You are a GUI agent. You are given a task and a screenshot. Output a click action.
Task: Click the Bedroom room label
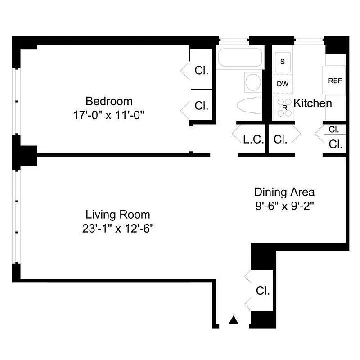(109, 101)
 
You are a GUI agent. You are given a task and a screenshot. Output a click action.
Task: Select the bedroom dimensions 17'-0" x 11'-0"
(109, 115)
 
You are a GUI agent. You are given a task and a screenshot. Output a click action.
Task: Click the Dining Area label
(284, 192)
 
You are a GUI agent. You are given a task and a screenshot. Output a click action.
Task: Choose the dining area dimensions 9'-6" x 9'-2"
(284, 207)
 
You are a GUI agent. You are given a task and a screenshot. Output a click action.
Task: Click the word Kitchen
(313, 103)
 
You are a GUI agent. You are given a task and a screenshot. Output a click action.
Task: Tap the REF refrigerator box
(335, 81)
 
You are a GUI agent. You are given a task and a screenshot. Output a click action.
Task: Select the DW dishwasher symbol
(282, 84)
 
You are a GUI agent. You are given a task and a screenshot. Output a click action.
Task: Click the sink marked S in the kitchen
(282, 62)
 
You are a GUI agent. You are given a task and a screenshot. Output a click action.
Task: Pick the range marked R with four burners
(283, 108)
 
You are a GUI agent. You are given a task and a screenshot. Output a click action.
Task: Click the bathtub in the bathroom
(239, 58)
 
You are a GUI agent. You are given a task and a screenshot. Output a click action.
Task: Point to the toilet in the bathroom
(249, 104)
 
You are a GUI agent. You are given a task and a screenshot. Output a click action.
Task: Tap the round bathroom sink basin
(253, 82)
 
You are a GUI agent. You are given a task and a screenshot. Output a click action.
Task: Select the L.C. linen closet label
(253, 139)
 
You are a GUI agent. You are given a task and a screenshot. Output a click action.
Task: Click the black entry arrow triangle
(233, 320)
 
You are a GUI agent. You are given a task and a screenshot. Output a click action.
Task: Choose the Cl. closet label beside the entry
(263, 291)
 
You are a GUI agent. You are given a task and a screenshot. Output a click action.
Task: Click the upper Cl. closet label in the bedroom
(201, 71)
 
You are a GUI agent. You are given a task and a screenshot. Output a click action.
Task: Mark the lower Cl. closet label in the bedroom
(201, 106)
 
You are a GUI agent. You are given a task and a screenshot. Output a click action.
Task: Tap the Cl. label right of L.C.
(280, 139)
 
